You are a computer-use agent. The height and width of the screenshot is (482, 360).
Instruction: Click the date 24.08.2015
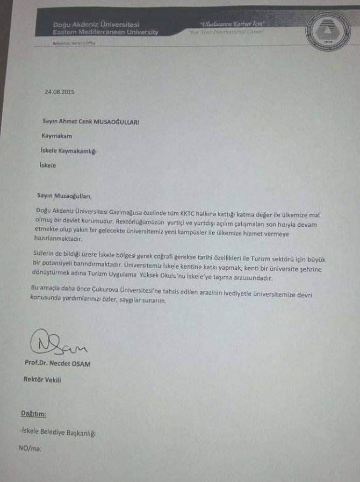pyautogui.click(x=59, y=92)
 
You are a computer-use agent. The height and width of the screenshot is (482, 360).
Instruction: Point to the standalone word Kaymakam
pyautogui.click(x=57, y=136)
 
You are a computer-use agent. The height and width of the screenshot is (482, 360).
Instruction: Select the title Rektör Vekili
pyautogui.click(x=42, y=379)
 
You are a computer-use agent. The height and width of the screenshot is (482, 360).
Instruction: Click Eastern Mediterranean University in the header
pyautogui.click(x=106, y=33)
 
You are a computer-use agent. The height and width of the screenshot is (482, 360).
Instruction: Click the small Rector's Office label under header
pyautogui.click(x=74, y=43)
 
